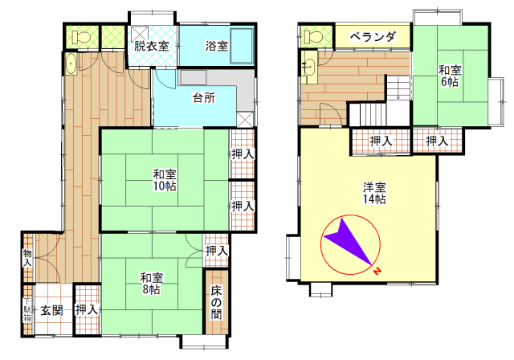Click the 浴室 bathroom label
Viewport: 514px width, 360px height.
[x=217, y=46]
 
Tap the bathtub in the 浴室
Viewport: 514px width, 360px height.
[x=242, y=46]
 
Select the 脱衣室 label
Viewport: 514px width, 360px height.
[x=152, y=46]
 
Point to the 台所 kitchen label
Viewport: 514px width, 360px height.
[x=204, y=97]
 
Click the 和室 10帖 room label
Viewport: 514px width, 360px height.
[x=165, y=180]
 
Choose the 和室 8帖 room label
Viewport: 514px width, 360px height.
[x=152, y=284]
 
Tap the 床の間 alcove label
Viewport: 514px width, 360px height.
[x=216, y=302]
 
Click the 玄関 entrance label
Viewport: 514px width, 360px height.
[x=52, y=310]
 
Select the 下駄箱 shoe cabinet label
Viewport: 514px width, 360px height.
[x=27, y=309]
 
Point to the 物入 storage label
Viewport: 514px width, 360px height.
[x=27, y=258]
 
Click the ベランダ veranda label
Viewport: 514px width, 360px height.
[x=373, y=37]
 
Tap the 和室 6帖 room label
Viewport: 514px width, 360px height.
[x=450, y=76]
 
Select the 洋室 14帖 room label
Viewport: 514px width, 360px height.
[x=374, y=193]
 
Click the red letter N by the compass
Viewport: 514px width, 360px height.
[x=377, y=271]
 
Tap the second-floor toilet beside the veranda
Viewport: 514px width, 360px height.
[x=313, y=36]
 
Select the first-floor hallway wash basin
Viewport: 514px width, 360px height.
[x=71, y=63]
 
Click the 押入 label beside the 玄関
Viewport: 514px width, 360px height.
[x=87, y=310]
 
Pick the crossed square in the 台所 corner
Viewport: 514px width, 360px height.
[x=245, y=120]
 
